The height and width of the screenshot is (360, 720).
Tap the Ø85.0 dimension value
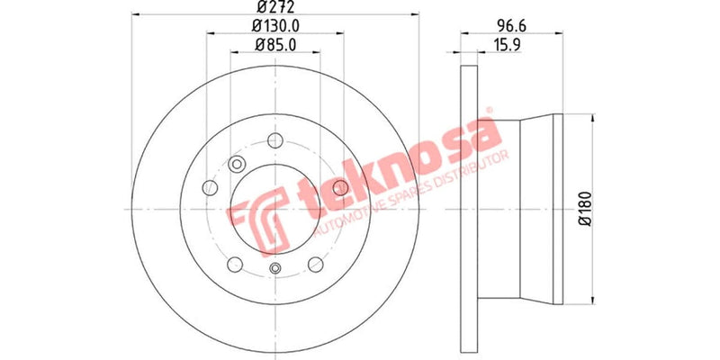[275, 44]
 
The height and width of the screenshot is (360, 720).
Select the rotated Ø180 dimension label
[583, 208]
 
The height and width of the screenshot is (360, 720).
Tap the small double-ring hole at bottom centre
[275, 267]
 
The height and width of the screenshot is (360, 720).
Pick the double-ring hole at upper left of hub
[238, 164]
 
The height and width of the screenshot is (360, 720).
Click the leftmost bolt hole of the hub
[210, 187]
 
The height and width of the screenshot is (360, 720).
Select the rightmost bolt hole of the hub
[340, 186]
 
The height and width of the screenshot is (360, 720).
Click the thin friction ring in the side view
[465, 207]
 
